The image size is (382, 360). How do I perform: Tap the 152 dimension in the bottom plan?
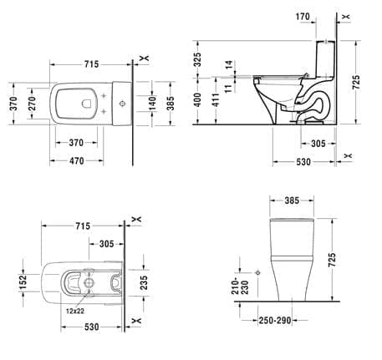coord(22,283)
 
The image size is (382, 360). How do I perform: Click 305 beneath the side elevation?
coord(313,143)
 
